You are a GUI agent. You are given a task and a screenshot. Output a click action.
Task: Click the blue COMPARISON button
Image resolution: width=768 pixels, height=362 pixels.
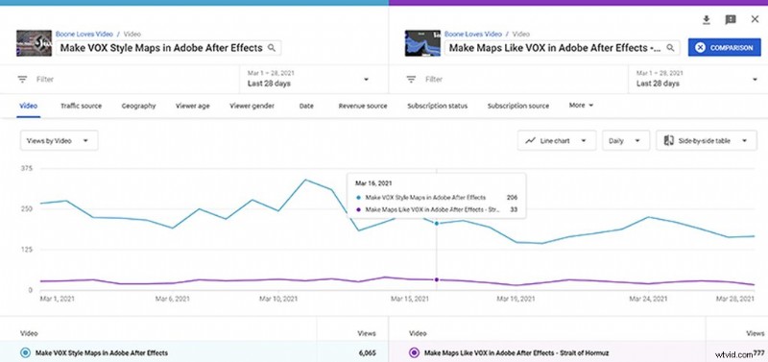[x=725, y=47]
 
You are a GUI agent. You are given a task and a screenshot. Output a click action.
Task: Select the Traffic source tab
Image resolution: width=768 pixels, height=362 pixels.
[x=82, y=105]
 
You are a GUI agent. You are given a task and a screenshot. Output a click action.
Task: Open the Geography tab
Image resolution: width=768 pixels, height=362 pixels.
[x=138, y=105]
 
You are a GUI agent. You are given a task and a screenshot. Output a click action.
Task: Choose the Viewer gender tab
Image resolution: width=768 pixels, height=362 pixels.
[x=253, y=105]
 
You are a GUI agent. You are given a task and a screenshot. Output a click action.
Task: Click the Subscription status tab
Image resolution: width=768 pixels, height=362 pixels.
[x=438, y=105]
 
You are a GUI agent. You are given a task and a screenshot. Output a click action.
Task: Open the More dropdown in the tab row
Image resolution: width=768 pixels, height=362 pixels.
[x=581, y=105]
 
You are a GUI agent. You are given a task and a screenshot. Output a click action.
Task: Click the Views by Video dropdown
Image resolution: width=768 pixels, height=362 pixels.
[x=60, y=140]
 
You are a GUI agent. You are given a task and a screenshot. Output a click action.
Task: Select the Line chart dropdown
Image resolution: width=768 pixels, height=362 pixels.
[x=557, y=140]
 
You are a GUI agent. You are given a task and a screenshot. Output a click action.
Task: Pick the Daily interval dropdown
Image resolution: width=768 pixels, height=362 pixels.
[x=624, y=140]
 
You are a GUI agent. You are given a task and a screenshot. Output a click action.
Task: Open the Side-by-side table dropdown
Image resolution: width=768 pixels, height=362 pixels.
[x=706, y=140]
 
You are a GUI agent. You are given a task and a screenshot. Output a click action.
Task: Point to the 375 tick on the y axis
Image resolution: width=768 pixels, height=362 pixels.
[x=26, y=167]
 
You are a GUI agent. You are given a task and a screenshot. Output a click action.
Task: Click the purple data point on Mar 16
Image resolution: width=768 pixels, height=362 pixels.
[x=437, y=279]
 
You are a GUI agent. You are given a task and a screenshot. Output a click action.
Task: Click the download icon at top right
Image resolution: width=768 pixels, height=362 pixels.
[x=707, y=19]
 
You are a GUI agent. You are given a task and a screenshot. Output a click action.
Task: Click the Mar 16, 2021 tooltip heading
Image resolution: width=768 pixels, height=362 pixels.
[x=374, y=181]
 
